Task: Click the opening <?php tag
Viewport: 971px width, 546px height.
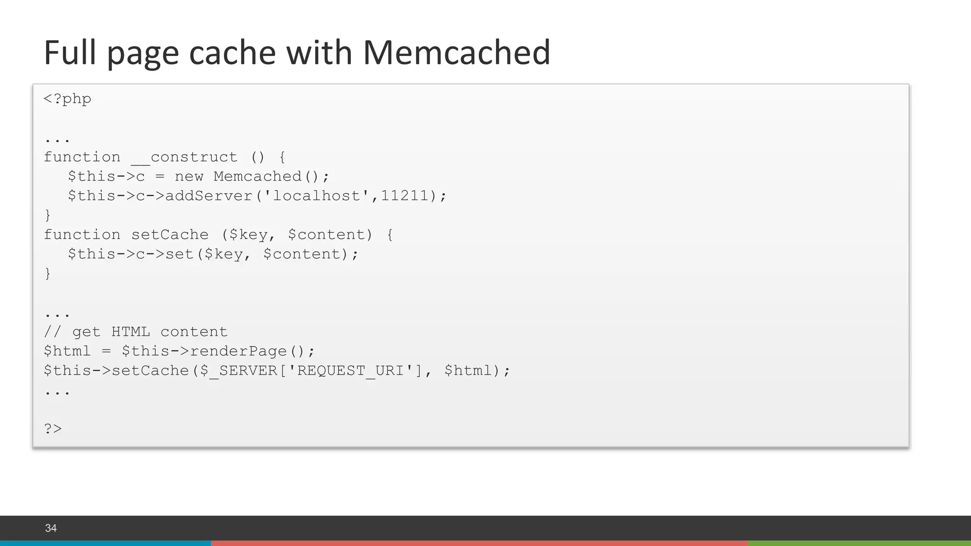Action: point(67,99)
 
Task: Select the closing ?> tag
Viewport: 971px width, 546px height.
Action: point(53,428)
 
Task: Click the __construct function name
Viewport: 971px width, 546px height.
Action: point(184,157)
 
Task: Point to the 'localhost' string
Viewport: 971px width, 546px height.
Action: point(316,196)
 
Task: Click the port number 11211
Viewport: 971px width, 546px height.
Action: point(404,196)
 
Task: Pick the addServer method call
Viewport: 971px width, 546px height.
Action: point(209,196)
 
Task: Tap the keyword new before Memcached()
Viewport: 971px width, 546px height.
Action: point(189,176)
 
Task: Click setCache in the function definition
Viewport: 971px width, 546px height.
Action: point(170,235)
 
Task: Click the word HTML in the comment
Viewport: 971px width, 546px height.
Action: point(130,332)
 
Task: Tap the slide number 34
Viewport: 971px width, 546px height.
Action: point(51,528)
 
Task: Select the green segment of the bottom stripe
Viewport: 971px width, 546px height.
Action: point(859,543)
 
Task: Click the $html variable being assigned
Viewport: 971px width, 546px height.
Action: point(67,351)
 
